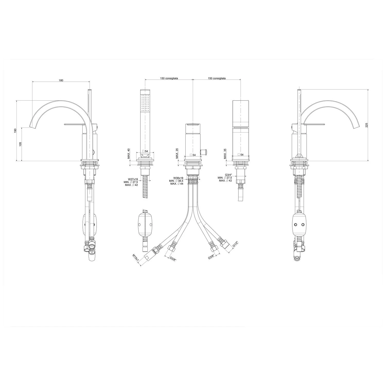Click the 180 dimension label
click(61, 80)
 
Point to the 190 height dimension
click(15, 131)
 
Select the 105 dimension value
click(20, 144)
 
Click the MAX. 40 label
click(129, 153)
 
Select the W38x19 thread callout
click(178, 178)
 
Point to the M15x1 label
click(136, 258)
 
